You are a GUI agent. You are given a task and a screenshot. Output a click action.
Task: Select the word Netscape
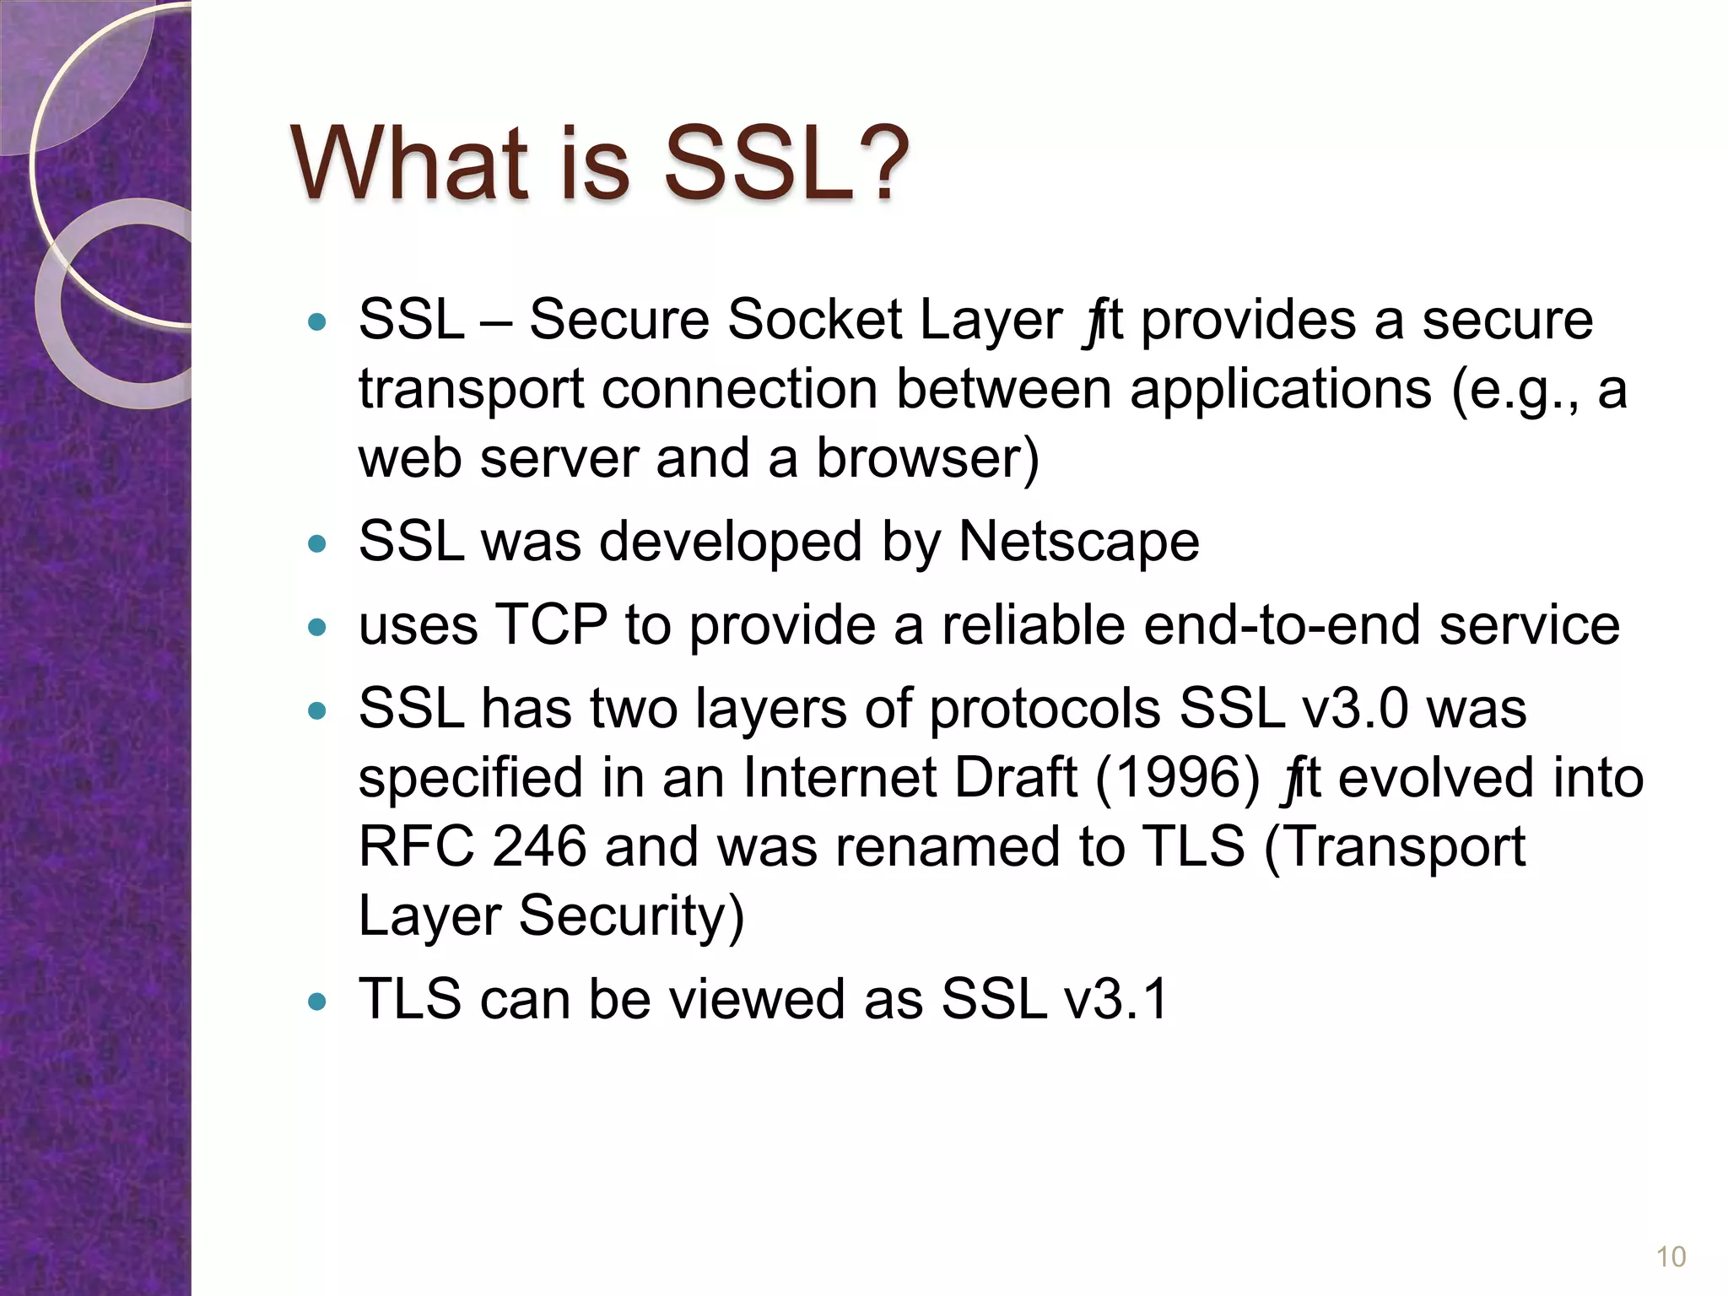(1078, 542)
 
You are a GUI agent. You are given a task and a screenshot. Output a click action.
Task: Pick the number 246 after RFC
(539, 846)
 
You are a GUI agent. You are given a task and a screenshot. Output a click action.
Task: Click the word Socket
(814, 320)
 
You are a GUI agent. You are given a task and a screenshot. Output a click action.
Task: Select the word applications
(1280, 390)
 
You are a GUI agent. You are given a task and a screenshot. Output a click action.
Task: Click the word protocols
(1045, 710)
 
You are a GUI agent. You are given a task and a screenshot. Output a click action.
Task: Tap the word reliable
(1033, 625)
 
